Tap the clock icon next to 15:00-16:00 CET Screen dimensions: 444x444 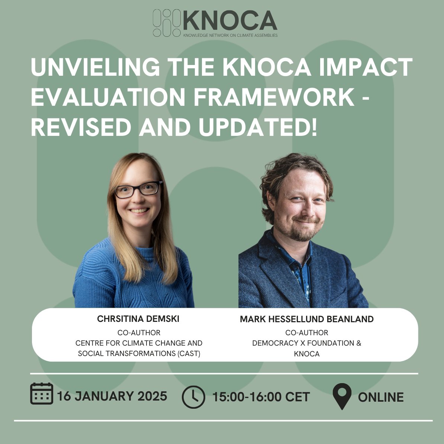[x=193, y=397]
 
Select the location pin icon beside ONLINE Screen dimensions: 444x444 [x=342, y=396]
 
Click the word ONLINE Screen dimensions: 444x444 [x=381, y=397]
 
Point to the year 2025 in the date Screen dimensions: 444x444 [x=152, y=396]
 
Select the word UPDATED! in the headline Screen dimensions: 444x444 [x=258, y=127]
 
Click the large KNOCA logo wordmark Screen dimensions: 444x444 [x=230, y=21]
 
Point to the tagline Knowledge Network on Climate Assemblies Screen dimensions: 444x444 [x=230, y=36]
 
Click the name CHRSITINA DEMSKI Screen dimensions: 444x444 [x=138, y=319]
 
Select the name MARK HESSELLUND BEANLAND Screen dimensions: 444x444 [x=307, y=319]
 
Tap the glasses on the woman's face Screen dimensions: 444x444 [x=138, y=189]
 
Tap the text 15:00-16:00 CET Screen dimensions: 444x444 [x=261, y=397]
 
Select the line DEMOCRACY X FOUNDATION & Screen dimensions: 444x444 [x=307, y=343]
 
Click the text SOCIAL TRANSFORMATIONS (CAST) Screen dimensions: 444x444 [x=139, y=353]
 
